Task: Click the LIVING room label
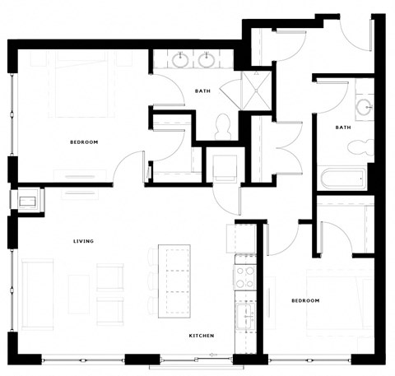click(x=83, y=241)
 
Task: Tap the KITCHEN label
click(x=202, y=336)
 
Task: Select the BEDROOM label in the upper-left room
click(x=84, y=142)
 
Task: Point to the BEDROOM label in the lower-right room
click(x=305, y=301)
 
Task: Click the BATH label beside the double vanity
click(x=202, y=91)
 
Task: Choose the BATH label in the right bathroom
click(x=343, y=128)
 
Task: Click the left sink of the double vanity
click(x=180, y=59)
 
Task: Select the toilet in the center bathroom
click(x=221, y=124)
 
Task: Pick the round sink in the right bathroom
click(x=364, y=107)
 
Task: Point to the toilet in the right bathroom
click(x=358, y=147)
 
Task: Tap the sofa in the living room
click(x=37, y=283)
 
